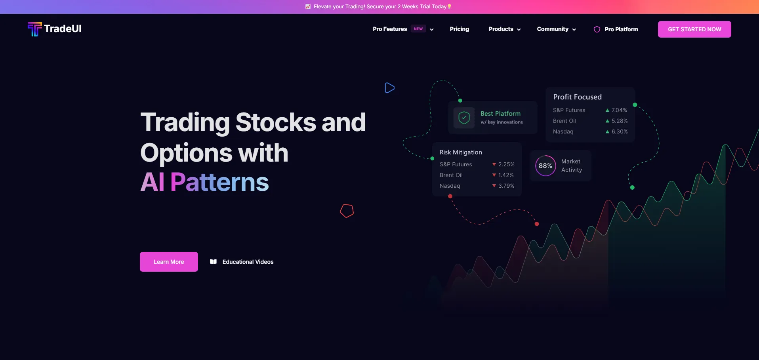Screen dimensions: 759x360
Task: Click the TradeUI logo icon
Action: point(34,29)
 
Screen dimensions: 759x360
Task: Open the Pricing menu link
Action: point(459,29)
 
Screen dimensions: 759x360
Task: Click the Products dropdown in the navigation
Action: point(504,29)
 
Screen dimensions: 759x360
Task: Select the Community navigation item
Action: point(556,29)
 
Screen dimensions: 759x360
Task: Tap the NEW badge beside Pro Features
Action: point(418,29)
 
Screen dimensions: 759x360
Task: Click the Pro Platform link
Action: point(616,29)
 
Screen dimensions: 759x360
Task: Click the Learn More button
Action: point(169,262)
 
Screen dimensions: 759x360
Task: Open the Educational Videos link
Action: point(242,262)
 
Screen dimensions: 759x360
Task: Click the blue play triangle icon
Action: point(389,88)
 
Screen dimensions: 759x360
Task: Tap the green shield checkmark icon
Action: point(464,118)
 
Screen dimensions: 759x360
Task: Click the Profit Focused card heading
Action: point(577,97)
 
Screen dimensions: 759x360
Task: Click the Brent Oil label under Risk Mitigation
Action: point(451,175)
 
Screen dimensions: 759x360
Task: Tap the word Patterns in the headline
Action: point(219,182)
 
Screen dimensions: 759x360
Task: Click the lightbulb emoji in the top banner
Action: point(449,6)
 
